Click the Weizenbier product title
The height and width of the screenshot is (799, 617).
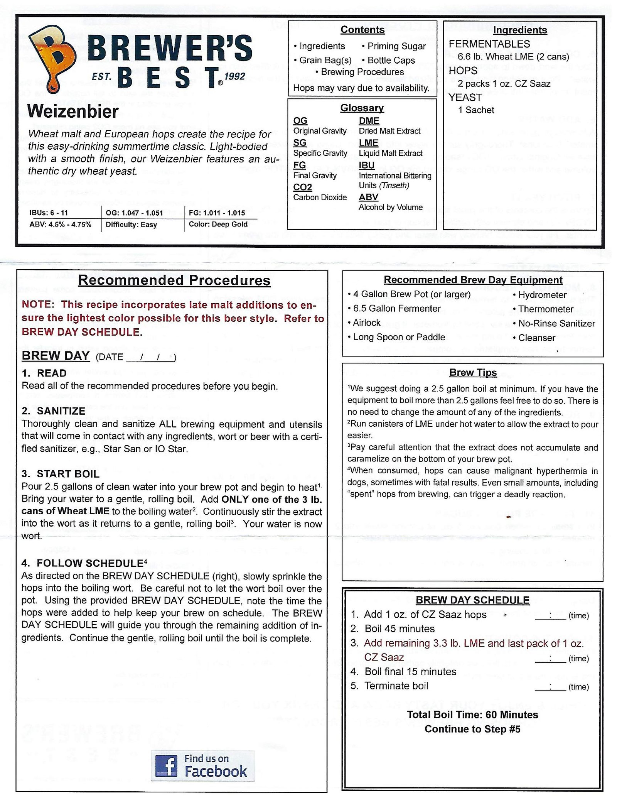(x=73, y=112)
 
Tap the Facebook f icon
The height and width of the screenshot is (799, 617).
(x=166, y=766)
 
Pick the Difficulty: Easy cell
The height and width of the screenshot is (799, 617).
(x=131, y=225)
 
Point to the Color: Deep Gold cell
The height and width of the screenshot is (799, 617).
(x=218, y=224)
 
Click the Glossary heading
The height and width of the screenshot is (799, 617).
(x=362, y=108)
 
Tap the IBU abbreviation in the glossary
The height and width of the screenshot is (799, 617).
(x=366, y=165)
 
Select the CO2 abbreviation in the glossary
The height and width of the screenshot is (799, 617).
(x=302, y=187)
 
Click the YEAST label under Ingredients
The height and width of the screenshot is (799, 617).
(x=465, y=97)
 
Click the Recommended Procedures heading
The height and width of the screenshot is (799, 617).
(x=174, y=280)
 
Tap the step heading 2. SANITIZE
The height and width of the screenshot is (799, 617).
(x=54, y=411)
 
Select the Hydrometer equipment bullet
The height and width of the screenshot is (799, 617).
(x=542, y=295)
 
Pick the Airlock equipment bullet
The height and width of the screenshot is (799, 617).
(x=366, y=323)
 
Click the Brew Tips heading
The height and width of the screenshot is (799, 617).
(x=473, y=373)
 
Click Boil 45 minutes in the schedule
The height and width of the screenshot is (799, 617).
(x=399, y=629)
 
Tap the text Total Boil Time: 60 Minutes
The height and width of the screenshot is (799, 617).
(x=472, y=715)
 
